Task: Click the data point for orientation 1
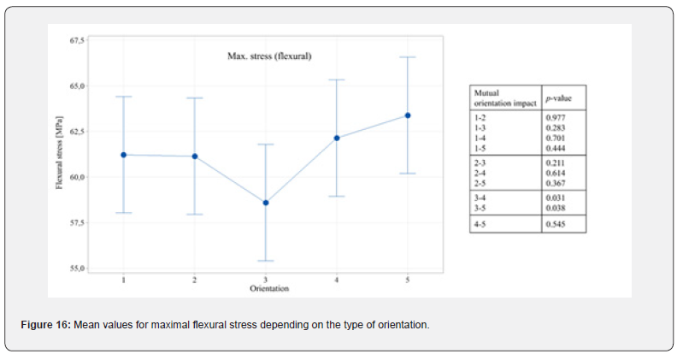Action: (x=124, y=155)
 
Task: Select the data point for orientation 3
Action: (x=266, y=203)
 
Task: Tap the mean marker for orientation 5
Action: (x=408, y=115)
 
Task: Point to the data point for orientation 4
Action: (x=337, y=138)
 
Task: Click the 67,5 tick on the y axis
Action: (x=76, y=41)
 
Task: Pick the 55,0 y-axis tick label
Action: (x=76, y=269)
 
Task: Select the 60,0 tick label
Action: (x=76, y=177)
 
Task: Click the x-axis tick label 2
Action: (x=195, y=280)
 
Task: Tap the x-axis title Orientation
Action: (x=268, y=289)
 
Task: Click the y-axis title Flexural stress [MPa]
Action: (x=60, y=156)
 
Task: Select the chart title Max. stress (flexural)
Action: (x=268, y=56)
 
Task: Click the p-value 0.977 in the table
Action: (x=556, y=118)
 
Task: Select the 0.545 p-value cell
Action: (x=556, y=224)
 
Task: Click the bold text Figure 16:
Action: (x=47, y=325)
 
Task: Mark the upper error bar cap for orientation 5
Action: (x=408, y=57)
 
